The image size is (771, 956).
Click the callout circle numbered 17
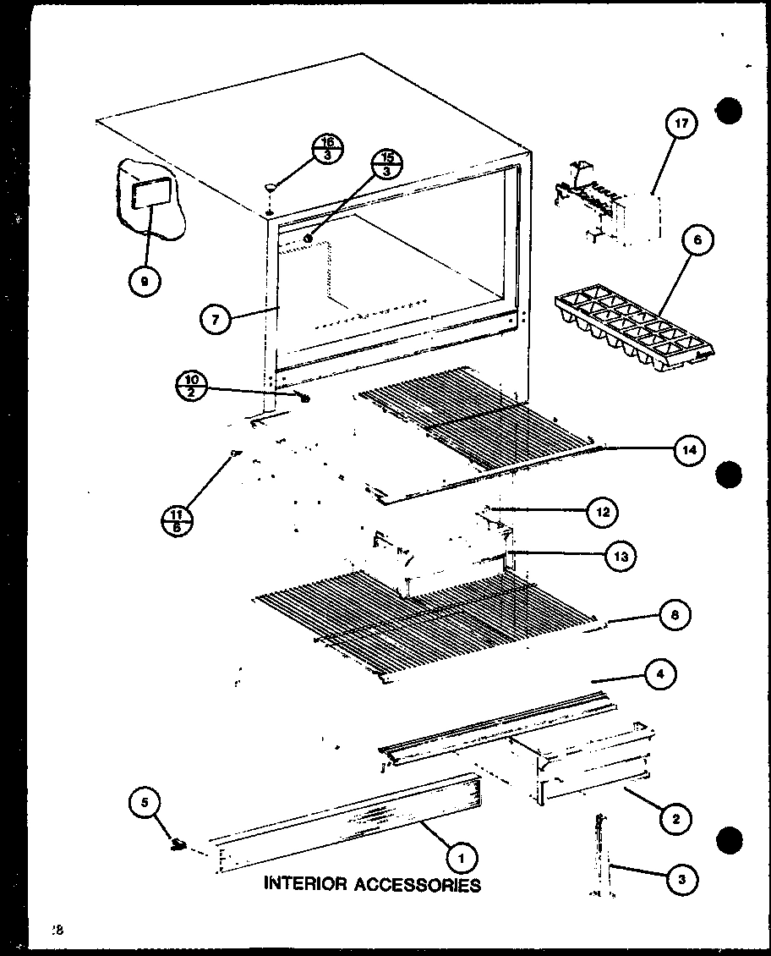681,124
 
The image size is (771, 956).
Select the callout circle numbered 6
696,241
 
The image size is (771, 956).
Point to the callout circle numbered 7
216,320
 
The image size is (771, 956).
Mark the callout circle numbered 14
690,451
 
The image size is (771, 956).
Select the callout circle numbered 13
621,556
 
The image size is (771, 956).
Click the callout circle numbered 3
681,880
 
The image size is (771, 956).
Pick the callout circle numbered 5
145,801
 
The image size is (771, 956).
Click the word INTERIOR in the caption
304,885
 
